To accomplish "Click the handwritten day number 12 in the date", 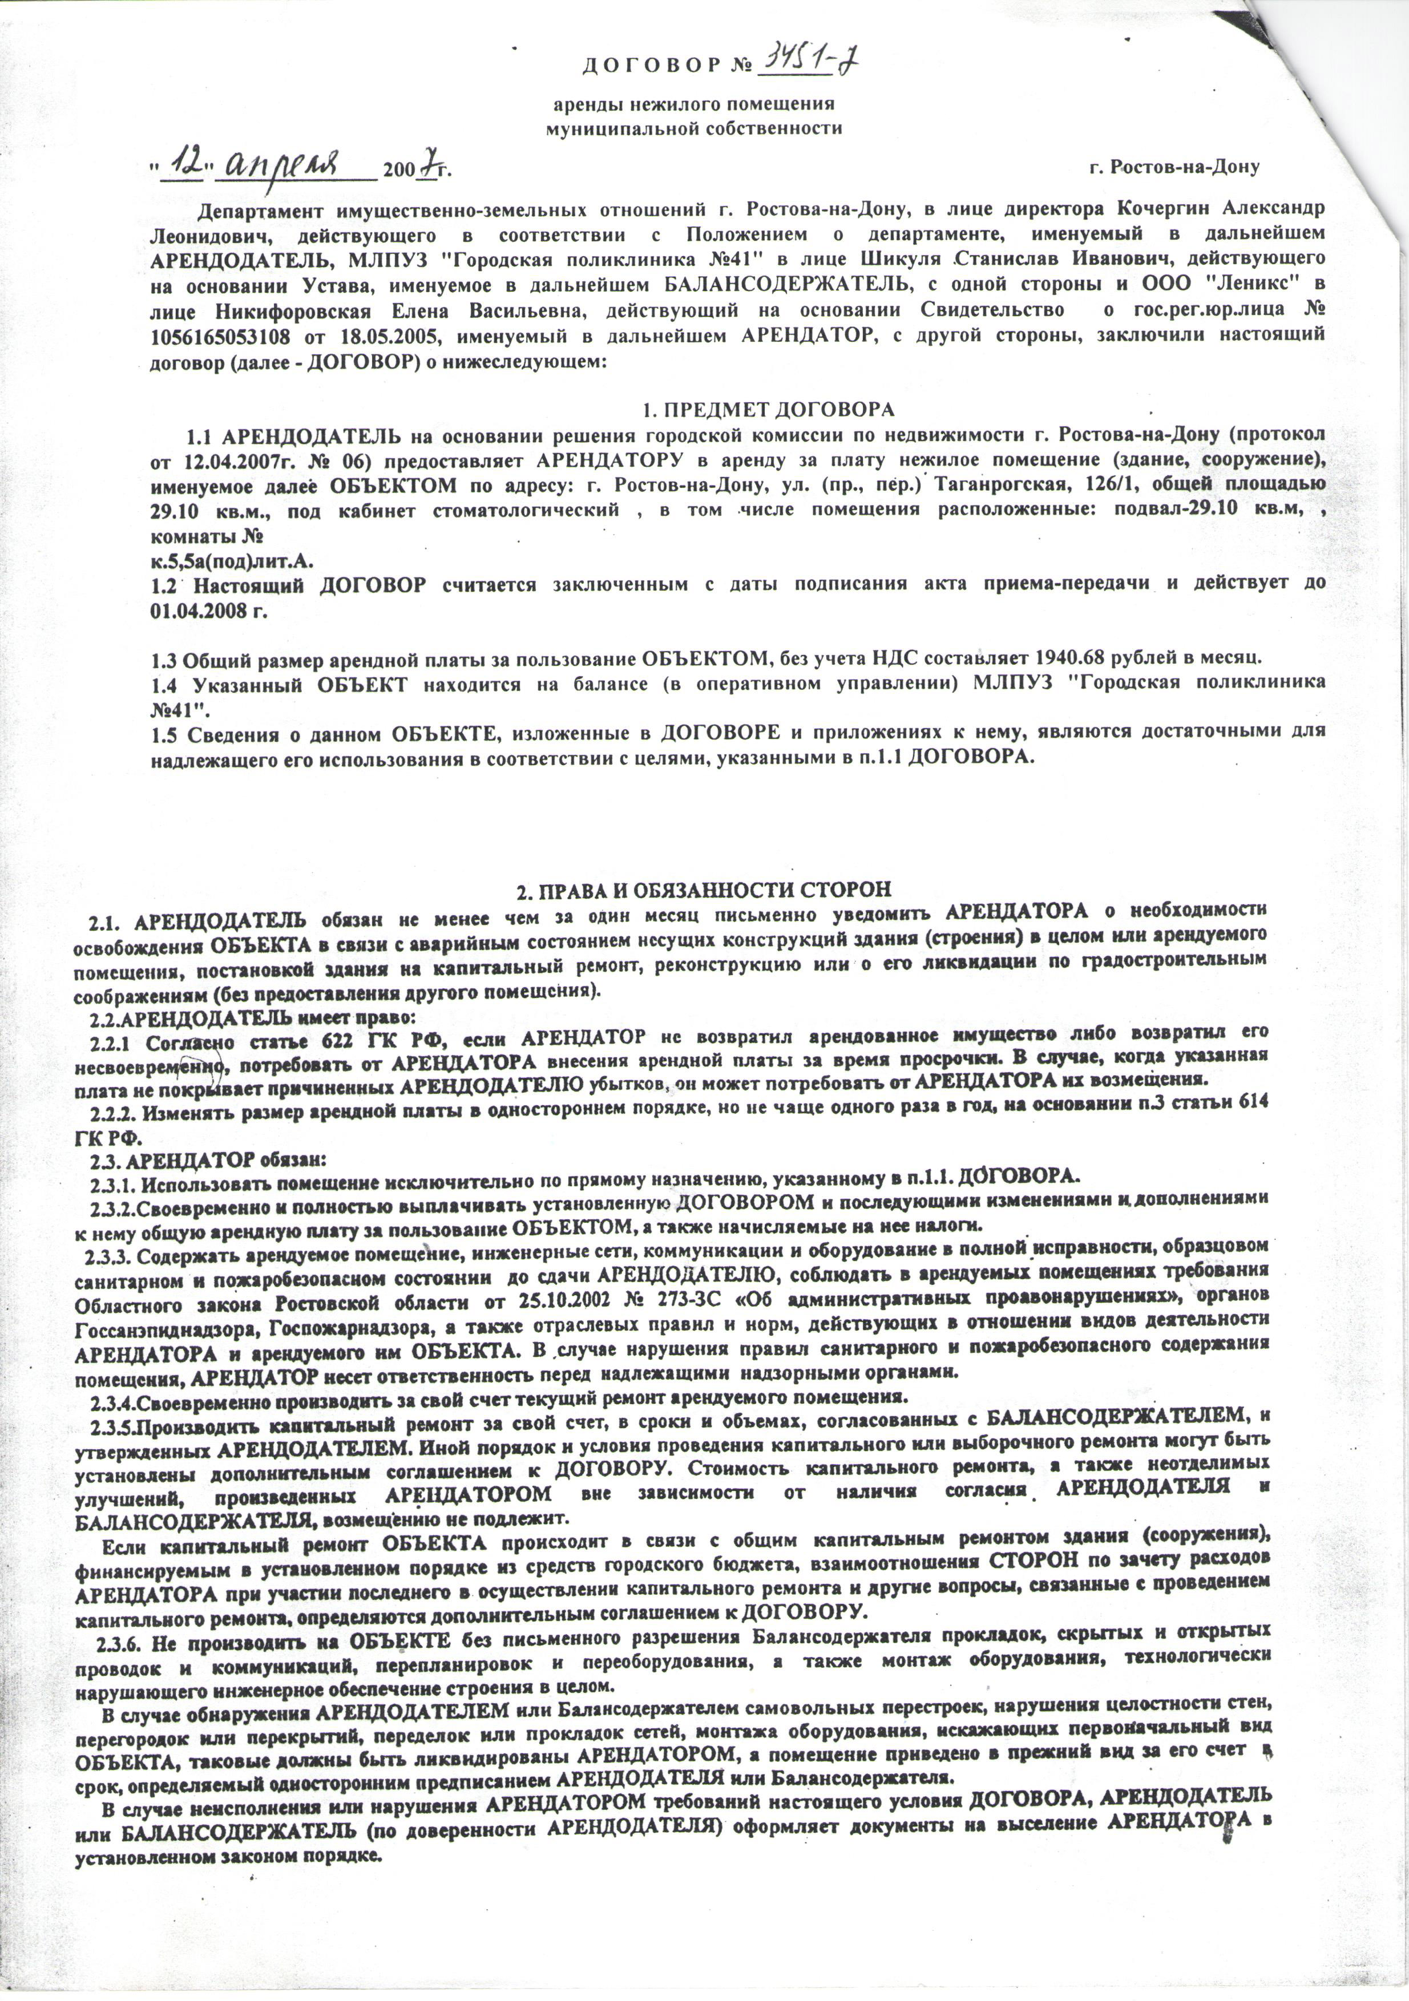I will (x=190, y=162).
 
